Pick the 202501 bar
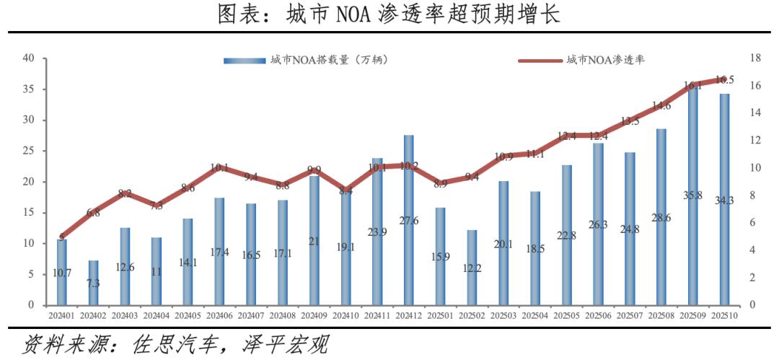[440, 256]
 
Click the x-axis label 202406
[219, 315]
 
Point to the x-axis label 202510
[724, 315]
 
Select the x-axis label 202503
[503, 315]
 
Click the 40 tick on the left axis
[29, 58]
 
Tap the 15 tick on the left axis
[29, 213]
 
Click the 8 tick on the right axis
[752, 196]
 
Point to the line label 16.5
[724, 80]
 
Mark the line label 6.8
[93, 213]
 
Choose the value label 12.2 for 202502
[472, 268]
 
